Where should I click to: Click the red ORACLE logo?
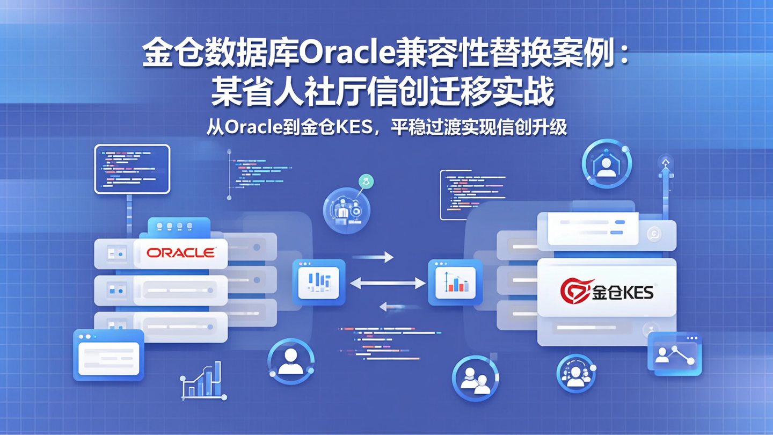(181, 252)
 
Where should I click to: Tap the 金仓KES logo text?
(623, 292)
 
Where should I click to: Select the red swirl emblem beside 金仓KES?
(575, 291)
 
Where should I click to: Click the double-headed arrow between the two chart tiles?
(388, 283)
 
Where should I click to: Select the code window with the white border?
(132, 169)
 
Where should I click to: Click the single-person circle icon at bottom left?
(290, 361)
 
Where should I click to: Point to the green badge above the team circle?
(366, 182)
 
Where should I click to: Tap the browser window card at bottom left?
(108, 355)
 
